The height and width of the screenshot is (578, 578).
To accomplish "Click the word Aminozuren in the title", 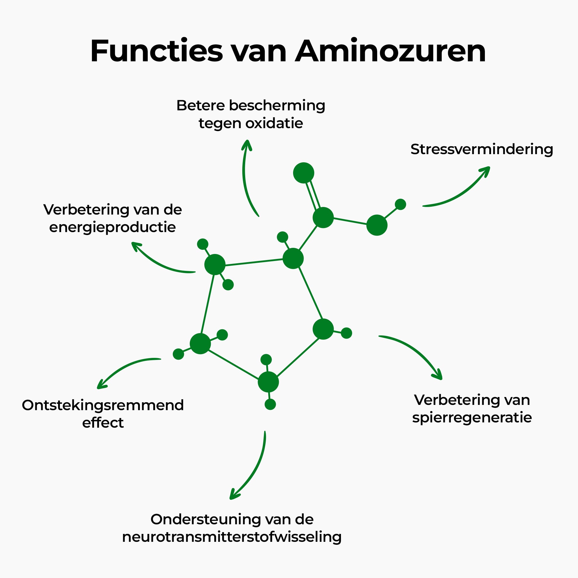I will pyautogui.click(x=390, y=51).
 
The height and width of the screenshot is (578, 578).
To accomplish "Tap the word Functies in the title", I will pyautogui.click(x=156, y=51).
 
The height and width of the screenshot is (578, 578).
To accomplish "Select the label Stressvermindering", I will pyautogui.click(x=482, y=149).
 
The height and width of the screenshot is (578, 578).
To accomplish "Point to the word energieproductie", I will pyautogui.click(x=112, y=227).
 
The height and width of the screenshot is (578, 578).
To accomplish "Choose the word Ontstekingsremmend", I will pyautogui.click(x=103, y=405).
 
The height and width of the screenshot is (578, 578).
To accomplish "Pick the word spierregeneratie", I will pyautogui.click(x=472, y=418).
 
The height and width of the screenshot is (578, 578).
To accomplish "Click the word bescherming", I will pyautogui.click(x=277, y=106).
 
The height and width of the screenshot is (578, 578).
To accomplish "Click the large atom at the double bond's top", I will pyautogui.click(x=303, y=173).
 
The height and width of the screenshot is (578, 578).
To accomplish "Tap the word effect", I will pyautogui.click(x=103, y=423).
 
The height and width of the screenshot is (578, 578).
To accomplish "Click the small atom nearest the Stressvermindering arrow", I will pyautogui.click(x=400, y=204).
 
